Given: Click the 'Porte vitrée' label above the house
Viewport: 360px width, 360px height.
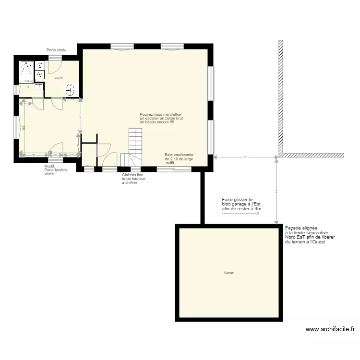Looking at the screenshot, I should pos(56,50).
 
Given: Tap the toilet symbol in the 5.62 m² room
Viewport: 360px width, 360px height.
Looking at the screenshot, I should pos(70,89).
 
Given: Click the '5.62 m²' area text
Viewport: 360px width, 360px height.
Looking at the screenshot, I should pos(59,78).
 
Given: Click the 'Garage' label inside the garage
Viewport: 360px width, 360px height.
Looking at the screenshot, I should pos(228,273).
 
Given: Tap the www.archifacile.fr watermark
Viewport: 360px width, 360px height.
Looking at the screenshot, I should pos(330,329).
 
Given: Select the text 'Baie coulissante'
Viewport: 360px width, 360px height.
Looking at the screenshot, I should pos(179,155).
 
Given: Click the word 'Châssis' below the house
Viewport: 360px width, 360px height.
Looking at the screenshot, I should pos(128,175).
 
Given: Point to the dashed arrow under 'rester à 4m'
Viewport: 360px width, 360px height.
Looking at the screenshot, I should pos(240,214).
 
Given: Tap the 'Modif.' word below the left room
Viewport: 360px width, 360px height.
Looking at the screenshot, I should pos(49,166).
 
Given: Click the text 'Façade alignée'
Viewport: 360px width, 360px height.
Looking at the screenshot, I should pos(301,228).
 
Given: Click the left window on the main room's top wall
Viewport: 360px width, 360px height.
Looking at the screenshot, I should pos(122,47).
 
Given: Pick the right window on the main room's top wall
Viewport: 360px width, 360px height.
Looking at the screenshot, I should pos(172,47).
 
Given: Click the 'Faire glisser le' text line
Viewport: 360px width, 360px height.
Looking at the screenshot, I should pos(237,199).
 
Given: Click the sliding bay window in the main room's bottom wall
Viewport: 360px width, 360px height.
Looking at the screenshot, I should pos(174,169).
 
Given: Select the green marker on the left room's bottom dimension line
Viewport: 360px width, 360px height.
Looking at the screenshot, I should pos(49,153).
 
